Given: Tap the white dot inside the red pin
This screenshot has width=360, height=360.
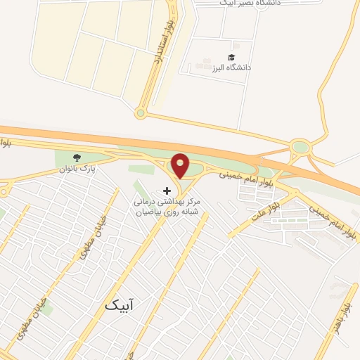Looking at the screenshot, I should point(180,163).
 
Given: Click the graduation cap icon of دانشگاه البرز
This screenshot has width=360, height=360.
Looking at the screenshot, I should point(231,57).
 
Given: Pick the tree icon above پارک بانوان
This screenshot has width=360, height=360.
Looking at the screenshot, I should point(77,157).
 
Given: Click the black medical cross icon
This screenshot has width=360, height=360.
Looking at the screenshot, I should point(167,190).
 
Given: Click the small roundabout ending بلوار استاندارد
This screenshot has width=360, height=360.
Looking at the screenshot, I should point(141,112).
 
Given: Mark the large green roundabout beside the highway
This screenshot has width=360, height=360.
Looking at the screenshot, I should point(300,148).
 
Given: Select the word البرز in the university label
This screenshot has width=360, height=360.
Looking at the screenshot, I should point(220,68).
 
